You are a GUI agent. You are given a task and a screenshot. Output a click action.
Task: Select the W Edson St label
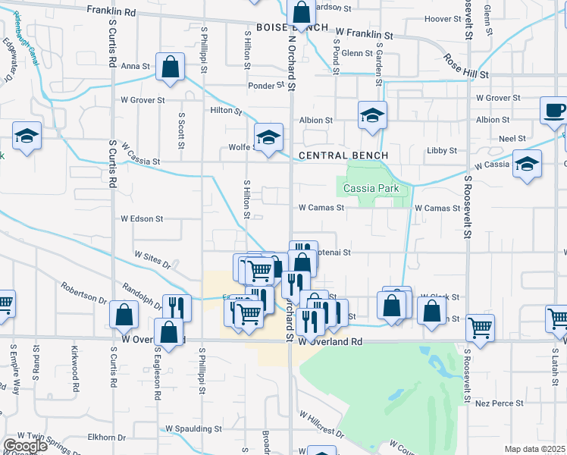(142, 218)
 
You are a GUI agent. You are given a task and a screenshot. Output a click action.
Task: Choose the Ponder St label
(266, 86)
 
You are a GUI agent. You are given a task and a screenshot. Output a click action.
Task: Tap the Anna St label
(136, 66)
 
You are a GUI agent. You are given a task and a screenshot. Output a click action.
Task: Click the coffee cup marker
(553, 111)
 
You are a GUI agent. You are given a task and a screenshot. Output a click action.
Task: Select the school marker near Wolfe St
(268, 138)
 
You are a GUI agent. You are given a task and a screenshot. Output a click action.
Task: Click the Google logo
(24, 446)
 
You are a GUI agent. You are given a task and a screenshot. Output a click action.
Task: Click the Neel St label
(512, 139)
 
